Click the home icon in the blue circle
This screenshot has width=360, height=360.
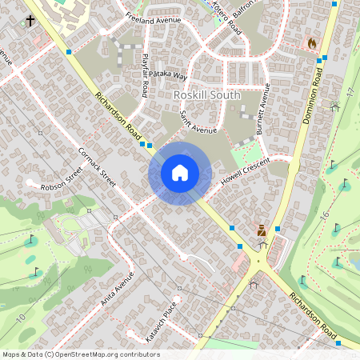180,172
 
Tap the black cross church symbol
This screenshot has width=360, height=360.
30,20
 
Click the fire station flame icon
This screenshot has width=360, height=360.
311,42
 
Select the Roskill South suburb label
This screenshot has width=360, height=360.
206,94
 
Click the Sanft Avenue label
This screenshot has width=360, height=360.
198,122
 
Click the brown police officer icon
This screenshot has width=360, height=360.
261,230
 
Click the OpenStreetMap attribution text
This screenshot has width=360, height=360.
80,354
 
